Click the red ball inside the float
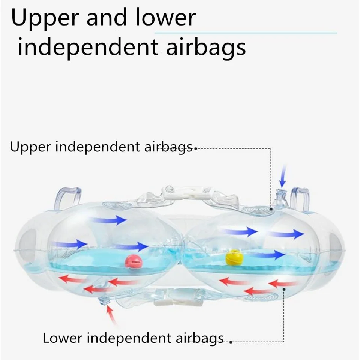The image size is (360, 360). point(133,261)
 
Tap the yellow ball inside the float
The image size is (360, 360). point(234,258)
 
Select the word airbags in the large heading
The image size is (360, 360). point(206,48)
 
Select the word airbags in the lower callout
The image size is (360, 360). point(200,338)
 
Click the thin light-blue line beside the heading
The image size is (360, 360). point(246,33)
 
